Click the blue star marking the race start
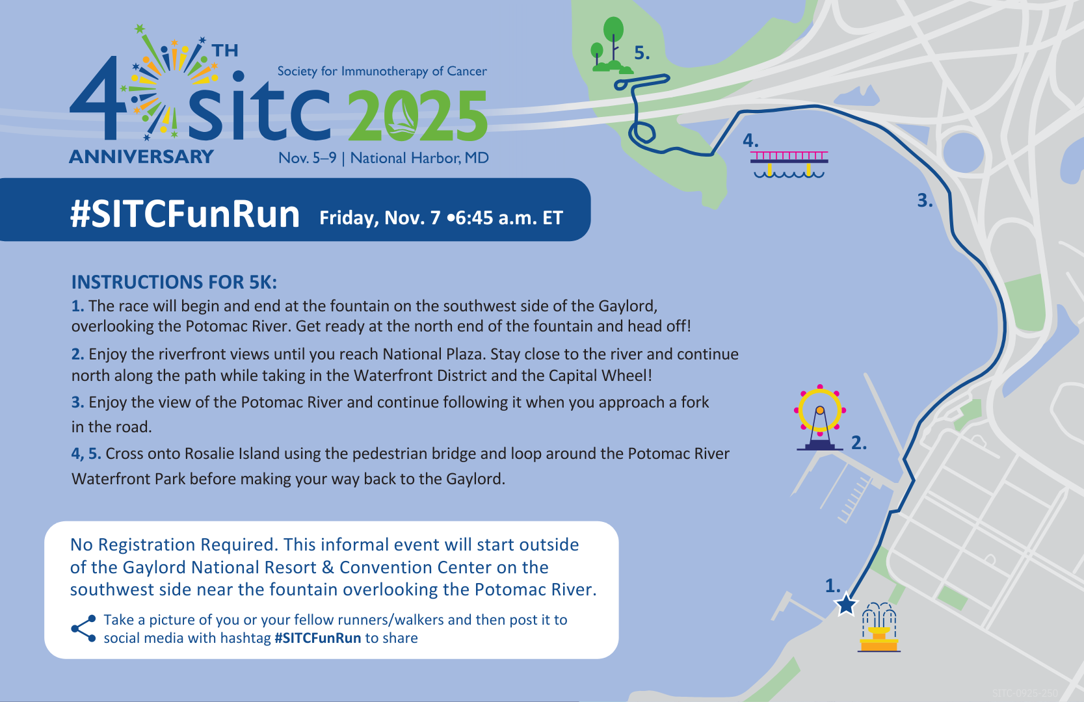coord(846,604)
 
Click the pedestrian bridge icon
coord(789,164)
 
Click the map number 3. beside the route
coord(925,201)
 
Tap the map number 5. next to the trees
coord(642,53)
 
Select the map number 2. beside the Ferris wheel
coord(859,443)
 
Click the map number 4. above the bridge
coord(750,140)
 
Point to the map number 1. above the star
coord(832,586)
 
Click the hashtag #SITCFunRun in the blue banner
coord(185,214)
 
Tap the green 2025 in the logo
coord(417,117)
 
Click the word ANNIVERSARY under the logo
coord(141,157)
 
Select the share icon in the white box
coord(84,628)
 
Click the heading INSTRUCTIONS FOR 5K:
coord(174,282)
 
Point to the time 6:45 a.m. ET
coord(509,218)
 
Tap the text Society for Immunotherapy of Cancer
coord(382,71)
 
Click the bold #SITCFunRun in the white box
coord(317,638)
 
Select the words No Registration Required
coord(174,545)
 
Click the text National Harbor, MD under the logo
coord(419,158)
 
